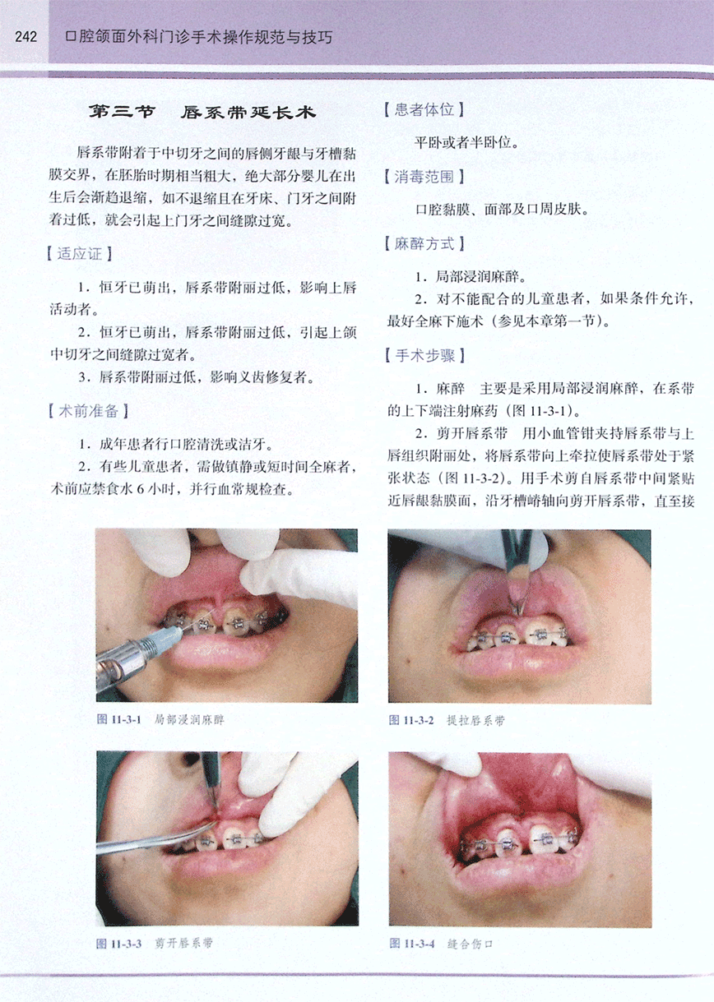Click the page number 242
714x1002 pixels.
pos(26,37)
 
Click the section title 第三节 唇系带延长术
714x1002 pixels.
pos(202,112)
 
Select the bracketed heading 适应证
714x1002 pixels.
pos(79,254)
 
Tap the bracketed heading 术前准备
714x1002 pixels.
pos(88,411)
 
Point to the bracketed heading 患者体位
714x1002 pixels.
pos(424,110)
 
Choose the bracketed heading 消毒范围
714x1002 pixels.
pos(424,178)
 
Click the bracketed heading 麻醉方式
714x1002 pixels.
pos(424,244)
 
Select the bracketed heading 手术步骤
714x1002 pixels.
pos(424,356)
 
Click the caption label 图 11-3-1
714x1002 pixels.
pos(119,719)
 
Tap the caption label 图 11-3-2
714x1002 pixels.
pos(411,720)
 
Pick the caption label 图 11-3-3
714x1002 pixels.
pos(119,944)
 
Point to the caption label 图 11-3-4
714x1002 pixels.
pos(412,944)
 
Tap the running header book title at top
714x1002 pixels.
pos(199,37)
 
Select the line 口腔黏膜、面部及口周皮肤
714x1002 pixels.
pos(502,210)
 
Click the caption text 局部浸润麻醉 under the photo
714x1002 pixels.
pos(189,719)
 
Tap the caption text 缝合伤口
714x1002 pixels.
pos(470,944)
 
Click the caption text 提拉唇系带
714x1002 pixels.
pos(475,720)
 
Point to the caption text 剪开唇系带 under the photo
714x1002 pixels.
pos(183,944)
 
